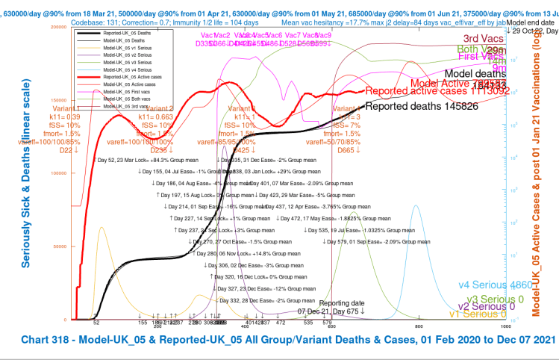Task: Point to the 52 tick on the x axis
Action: click(x=96, y=323)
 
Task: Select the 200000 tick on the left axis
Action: click(x=59, y=26)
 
